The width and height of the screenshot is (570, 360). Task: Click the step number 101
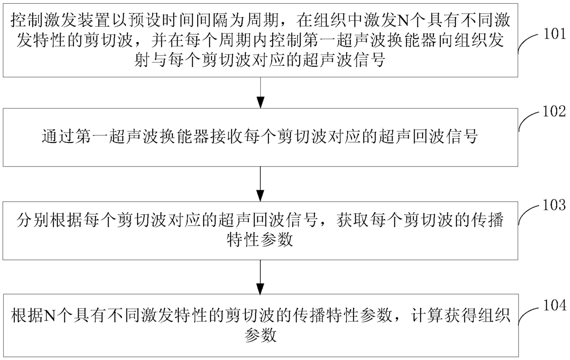(x=555, y=34)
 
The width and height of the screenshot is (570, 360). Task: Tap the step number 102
(x=555, y=111)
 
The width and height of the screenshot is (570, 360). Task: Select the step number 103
(x=555, y=205)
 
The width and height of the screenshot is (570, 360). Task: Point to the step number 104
(x=555, y=305)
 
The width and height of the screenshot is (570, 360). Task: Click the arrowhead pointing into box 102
(x=261, y=103)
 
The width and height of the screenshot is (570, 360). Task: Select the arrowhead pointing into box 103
(x=260, y=195)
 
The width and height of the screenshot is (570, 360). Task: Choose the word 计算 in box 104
(x=427, y=315)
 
